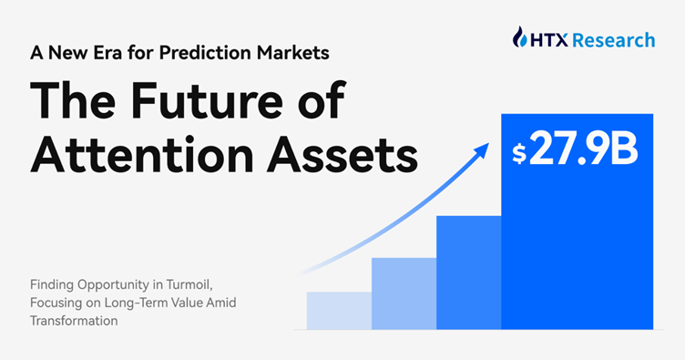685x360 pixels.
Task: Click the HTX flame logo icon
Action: (x=520, y=38)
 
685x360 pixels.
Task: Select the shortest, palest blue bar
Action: (x=339, y=310)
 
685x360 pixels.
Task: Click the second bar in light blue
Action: (x=404, y=293)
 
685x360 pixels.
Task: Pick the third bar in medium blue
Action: (x=468, y=272)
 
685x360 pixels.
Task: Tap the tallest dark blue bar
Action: (x=577, y=246)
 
